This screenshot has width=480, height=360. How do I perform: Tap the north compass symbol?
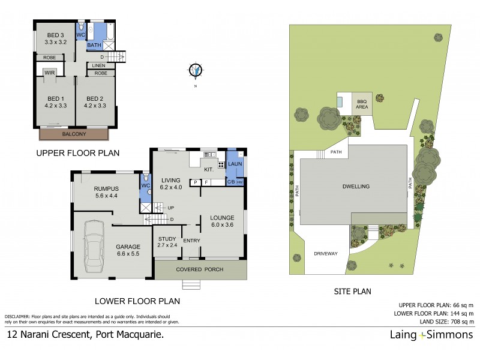(x=195, y=71)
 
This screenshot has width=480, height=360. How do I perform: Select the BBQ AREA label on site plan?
(x=361, y=104)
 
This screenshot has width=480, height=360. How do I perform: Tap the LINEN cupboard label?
(x=99, y=65)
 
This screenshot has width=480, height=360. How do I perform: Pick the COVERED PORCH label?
(x=200, y=269)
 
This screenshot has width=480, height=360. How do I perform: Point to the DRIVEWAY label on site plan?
(x=326, y=253)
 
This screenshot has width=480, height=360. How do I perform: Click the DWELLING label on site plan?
(x=356, y=187)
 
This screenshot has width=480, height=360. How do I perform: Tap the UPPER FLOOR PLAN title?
(x=78, y=154)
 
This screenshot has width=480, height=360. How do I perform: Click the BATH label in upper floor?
(x=94, y=45)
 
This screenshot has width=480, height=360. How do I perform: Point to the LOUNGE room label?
(x=222, y=217)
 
